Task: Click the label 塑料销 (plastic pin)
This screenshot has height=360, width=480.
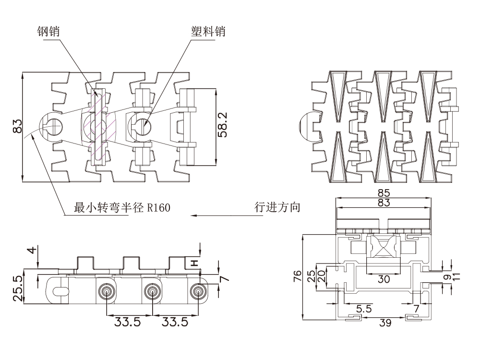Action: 208,32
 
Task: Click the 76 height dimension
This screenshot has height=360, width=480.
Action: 298,276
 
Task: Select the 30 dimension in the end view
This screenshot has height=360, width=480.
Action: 384,279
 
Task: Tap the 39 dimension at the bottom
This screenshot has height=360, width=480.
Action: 385,323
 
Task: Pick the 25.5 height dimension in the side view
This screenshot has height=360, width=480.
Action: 18,288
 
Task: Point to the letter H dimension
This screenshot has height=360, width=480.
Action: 194,263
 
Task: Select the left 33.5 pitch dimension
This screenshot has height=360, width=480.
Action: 128,322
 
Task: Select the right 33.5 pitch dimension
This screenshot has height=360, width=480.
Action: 175,322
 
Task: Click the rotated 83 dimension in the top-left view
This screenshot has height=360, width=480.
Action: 18,127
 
